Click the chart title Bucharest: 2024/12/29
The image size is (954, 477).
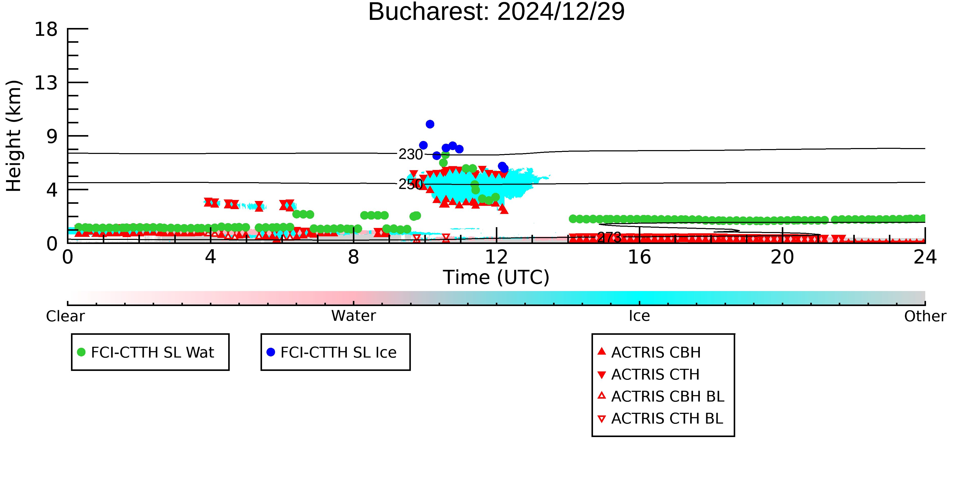496,12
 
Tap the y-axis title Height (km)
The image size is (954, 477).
14,136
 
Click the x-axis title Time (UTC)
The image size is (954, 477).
496,277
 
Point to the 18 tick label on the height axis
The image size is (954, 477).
46,29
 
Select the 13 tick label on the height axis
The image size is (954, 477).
46,83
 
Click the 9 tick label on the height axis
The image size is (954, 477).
52,136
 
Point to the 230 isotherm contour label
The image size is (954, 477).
410,154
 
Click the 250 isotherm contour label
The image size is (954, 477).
410,184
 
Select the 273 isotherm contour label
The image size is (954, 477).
609,237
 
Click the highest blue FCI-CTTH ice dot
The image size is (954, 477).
430,124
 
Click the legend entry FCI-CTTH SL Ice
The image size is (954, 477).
331,352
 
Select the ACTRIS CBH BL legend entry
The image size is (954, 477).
661,396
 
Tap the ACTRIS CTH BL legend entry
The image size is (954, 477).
660,418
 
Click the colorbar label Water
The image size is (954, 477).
354,316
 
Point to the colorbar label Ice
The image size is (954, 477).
639,316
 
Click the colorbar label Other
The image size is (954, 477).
925,316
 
